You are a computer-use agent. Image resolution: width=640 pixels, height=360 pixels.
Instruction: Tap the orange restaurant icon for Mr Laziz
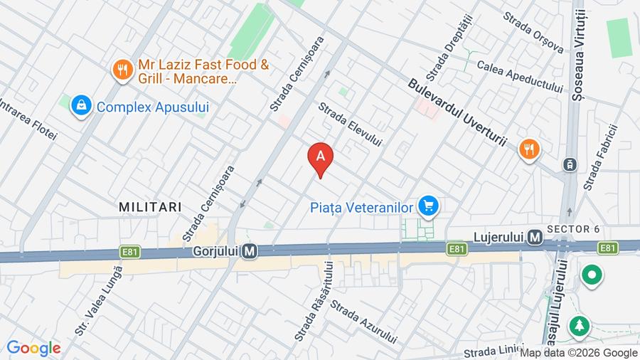pos(123,69)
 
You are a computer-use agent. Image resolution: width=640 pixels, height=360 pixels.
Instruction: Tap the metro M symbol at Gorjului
pos(250,251)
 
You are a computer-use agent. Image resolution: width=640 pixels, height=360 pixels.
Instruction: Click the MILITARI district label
pos(150,206)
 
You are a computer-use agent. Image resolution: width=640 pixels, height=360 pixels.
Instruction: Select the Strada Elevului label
pos(350,124)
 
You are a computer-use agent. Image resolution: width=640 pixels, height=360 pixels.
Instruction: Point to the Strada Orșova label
pos(533,32)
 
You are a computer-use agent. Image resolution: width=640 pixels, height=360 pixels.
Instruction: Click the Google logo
pos(33,349)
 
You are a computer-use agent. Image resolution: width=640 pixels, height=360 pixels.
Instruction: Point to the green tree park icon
pos(580,327)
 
